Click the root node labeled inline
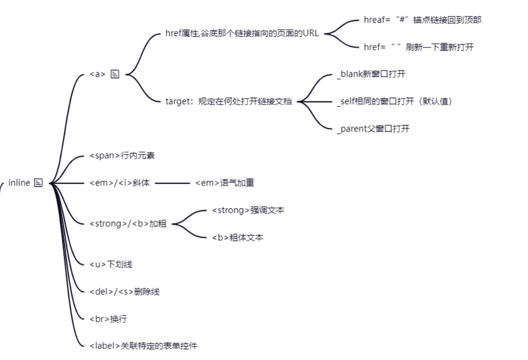pos(19,183)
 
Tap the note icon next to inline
pos(39,183)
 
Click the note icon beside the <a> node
pos(115,74)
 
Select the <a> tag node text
pos(98,74)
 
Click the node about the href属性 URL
pos(242,34)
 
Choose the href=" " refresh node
pos(418,47)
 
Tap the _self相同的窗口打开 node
pos(394,101)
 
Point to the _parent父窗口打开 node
pos(373,128)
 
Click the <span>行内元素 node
pos(122,155)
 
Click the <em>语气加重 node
pos(224,183)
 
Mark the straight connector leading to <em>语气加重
pos(172,183)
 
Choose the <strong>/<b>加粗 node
pos(127,224)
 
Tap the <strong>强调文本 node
pos(248,210)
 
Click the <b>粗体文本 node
pos(238,237)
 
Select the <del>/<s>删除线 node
pos(125,292)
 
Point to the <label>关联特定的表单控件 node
pos(143,346)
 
